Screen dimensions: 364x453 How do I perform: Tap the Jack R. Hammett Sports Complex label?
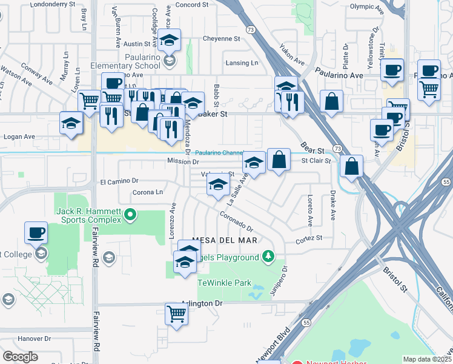[x=89, y=215]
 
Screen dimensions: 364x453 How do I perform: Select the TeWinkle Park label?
[x=224, y=283]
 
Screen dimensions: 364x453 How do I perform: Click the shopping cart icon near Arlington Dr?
[x=176, y=314]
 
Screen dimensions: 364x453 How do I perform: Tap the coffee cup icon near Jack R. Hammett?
[x=36, y=232]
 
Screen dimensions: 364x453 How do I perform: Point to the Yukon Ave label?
[x=291, y=53]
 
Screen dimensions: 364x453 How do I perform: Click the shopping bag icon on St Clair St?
[x=278, y=160]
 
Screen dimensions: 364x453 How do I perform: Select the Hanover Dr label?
[x=35, y=339]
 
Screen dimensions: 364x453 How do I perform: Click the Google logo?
[x=20, y=357]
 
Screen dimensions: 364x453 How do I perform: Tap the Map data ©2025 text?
[x=427, y=359]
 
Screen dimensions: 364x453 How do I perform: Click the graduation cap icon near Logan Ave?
[x=71, y=123]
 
